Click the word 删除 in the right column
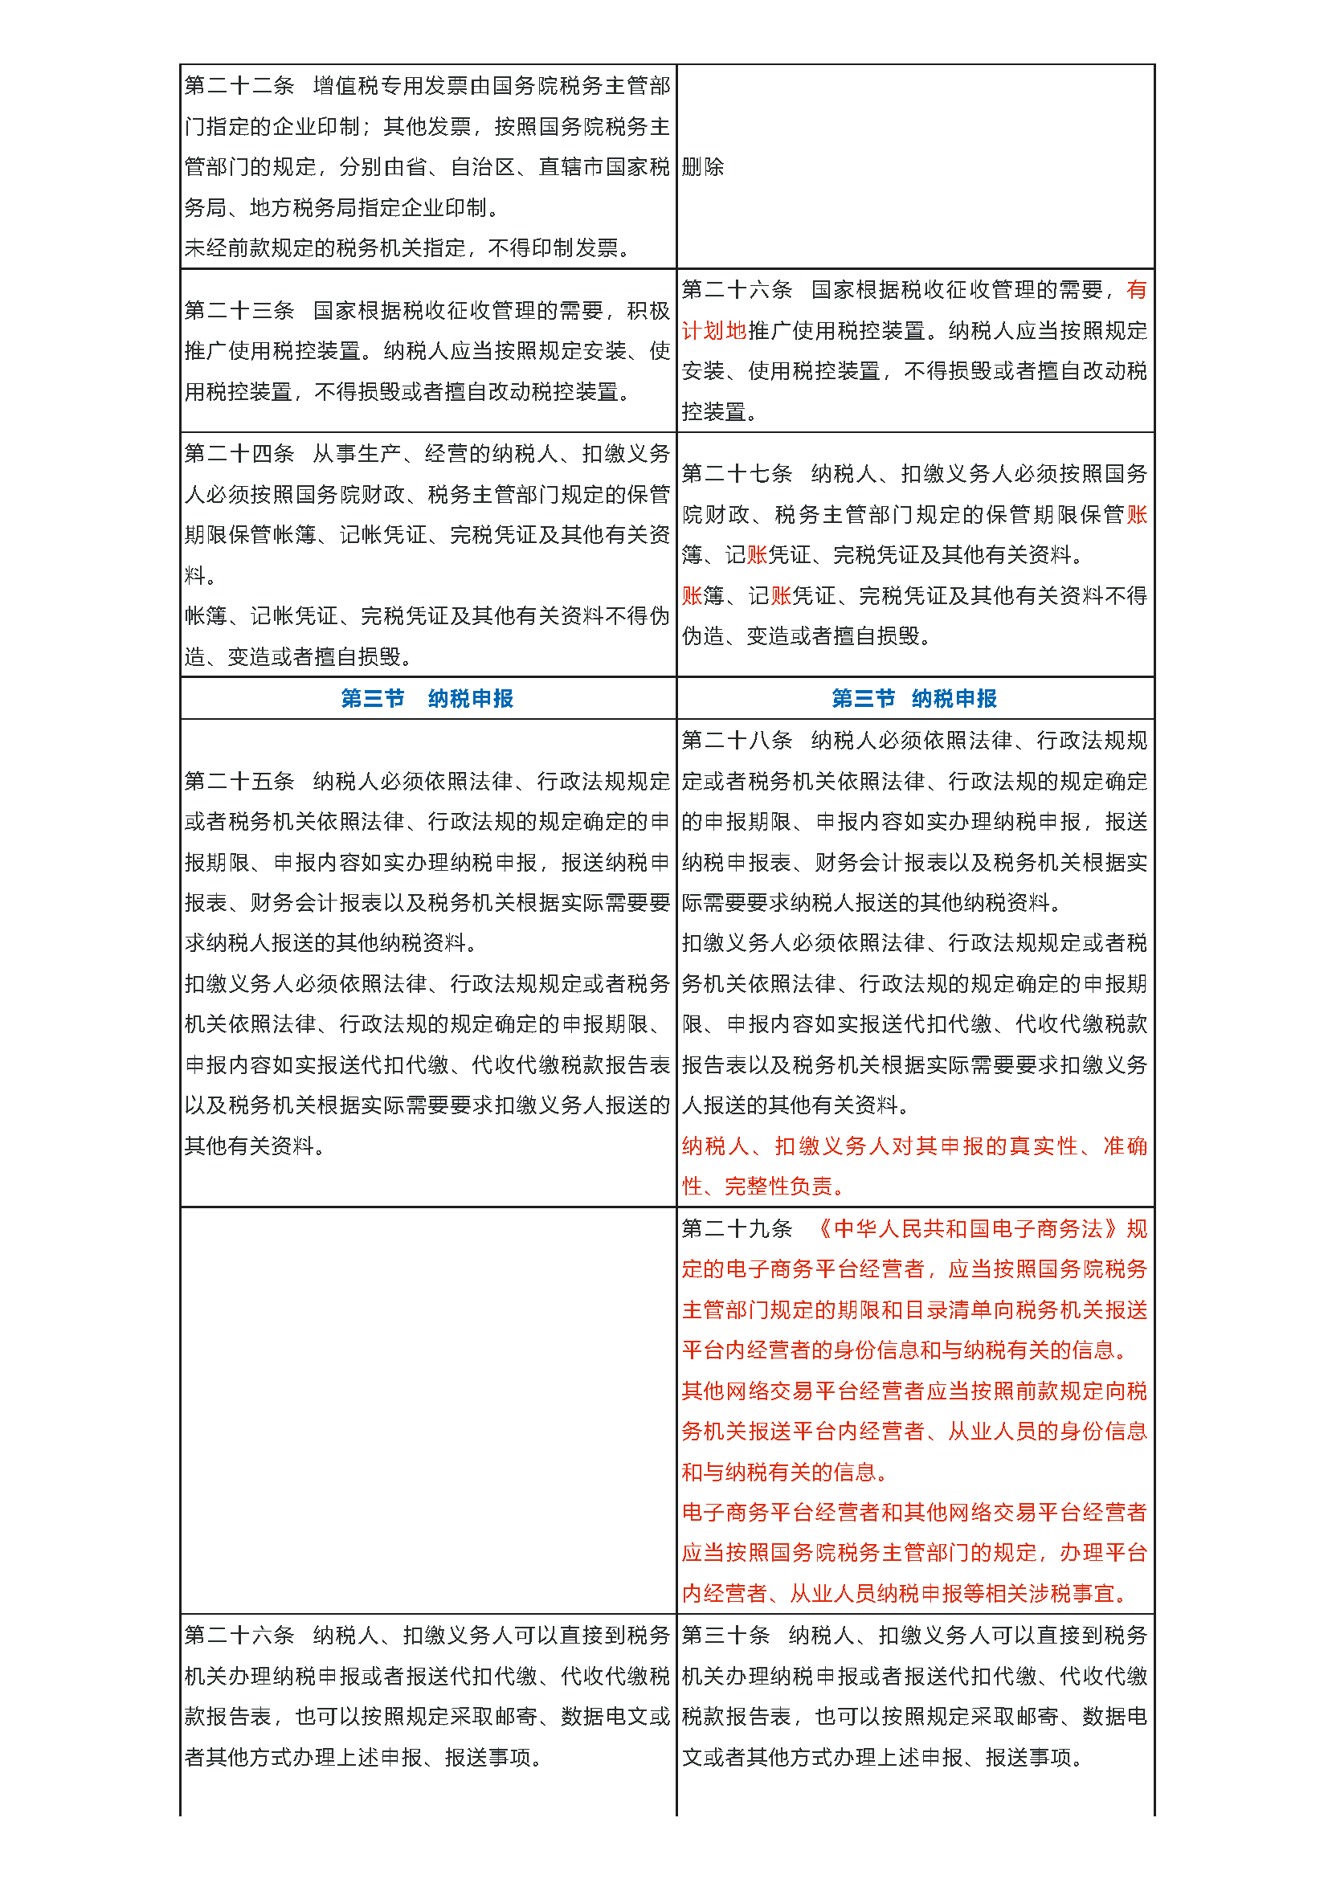pyautogui.click(x=703, y=167)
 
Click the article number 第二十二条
pyautogui.click(x=239, y=86)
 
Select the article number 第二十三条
pyautogui.click(x=239, y=311)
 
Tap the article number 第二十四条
pyautogui.click(x=239, y=454)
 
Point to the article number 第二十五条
pyautogui.click(x=239, y=782)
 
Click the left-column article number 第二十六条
pyautogui.click(x=239, y=1636)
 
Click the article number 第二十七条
pyautogui.click(x=737, y=474)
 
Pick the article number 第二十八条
pyautogui.click(x=737, y=741)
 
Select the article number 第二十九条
pyautogui.click(x=737, y=1229)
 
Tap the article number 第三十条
pyautogui.click(x=725, y=1636)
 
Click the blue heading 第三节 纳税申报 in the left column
pyautogui.click(x=427, y=699)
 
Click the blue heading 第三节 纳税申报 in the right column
pyautogui.click(x=914, y=699)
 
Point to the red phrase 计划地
pyautogui.click(x=714, y=331)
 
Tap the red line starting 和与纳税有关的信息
pyautogui.click(x=784, y=1473)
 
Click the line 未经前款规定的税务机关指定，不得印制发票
pyautogui.click(x=407, y=248)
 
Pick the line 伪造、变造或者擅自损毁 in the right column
pyautogui.click(x=805, y=637)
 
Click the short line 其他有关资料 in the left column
pyautogui.click(x=254, y=1146)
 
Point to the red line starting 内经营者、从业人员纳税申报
pyautogui.click(x=904, y=1594)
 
